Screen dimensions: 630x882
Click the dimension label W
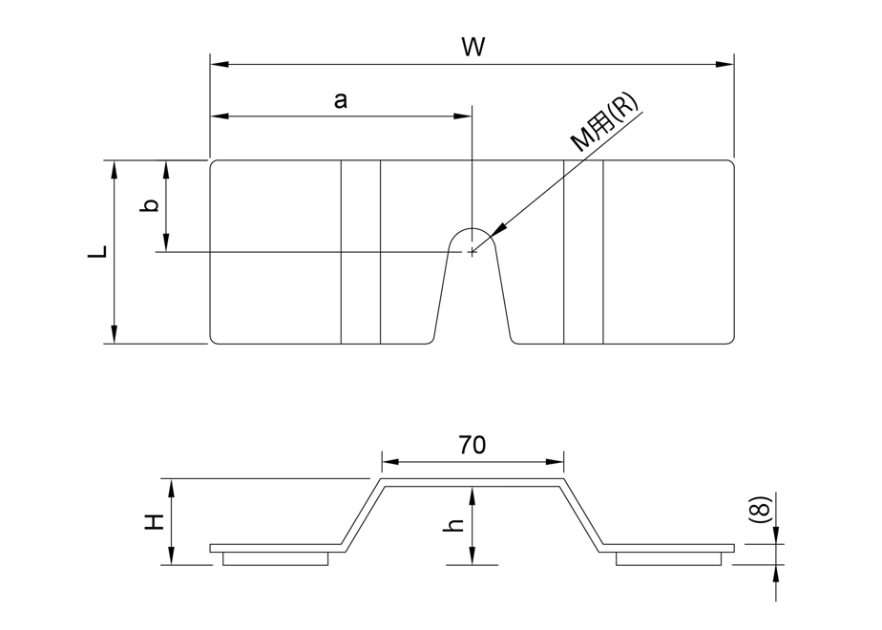[471, 47]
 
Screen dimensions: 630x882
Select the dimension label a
[340, 99]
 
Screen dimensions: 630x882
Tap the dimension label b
[148, 206]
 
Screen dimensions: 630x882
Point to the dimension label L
[95, 252]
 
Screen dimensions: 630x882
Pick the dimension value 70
[472, 444]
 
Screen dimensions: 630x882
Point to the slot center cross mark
[472, 252]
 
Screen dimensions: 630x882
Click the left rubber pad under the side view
[277, 559]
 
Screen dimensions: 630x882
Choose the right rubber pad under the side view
[667, 559]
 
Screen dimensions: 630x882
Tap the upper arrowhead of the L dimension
[115, 169]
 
